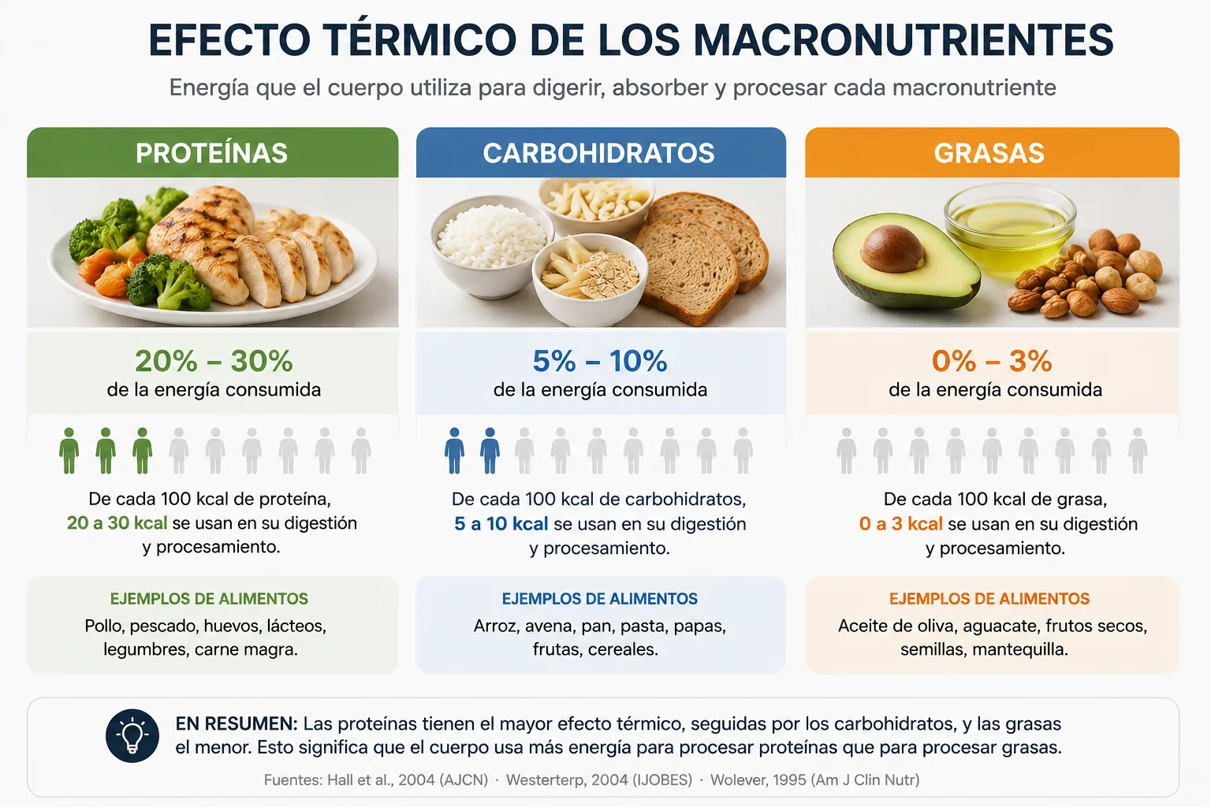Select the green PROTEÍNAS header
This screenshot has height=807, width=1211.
pyautogui.click(x=212, y=152)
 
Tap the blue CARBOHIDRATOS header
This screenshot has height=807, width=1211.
pyautogui.click(x=601, y=152)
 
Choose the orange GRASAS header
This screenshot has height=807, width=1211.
pyautogui.click(x=992, y=152)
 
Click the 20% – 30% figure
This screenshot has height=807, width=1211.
pyautogui.click(x=214, y=361)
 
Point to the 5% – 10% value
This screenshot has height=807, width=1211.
pyautogui.click(x=600, y=361)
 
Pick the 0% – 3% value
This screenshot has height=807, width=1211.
pyautogui.click(x=992, y=361)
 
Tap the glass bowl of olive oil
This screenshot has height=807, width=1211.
pyautogui.click(x=1010, y=229)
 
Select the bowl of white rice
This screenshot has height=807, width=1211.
pyautogui.click(x=491, y=246)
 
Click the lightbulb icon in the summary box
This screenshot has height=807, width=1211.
pyautogui.click(x=132, y=735)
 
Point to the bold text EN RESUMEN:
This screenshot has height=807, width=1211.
pyautogui.click(x=237, y=723)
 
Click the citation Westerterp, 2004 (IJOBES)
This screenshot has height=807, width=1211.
pyautogui.click(x=599, y=780)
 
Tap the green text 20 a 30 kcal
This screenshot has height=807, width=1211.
pyautogui.click(x=117, y=523)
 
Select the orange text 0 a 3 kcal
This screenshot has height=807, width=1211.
pyautogui.click(x=900, y=524)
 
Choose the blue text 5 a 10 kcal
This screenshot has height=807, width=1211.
pyautogui.click(x=501, y=524)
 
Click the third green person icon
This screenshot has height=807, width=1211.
pyautogui.click(x=142, y=451)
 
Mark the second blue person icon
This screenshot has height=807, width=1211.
pyautogui.click(x=490, y=451)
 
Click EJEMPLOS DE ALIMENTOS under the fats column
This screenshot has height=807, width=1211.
pyautogui.click(x=989, y=599)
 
